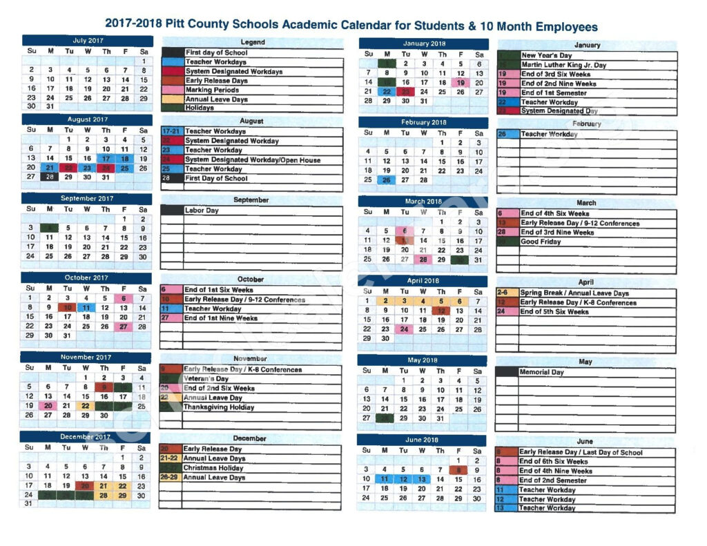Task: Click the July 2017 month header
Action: coord(87,41)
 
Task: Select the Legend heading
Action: coord(252,43)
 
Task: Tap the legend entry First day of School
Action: coord(216,52)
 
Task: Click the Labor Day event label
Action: coord(202,210)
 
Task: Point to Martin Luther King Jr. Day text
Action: coord(563,65)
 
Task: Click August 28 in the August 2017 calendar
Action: coord(50,177)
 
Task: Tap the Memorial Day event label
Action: coord(542,372)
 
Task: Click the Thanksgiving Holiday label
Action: coord(218,407)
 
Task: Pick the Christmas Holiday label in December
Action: coord(213,468)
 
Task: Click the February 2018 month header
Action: coord(423,122)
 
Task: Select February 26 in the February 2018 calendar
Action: coord(387,180)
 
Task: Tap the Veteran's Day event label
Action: coord(206,379)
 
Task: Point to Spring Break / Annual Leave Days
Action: coord(574,293)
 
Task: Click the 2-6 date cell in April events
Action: coord(504,293)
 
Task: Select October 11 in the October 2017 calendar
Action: coord(87,307)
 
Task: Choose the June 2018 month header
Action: coord(423,440)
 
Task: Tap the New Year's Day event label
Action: coord(547,55)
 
